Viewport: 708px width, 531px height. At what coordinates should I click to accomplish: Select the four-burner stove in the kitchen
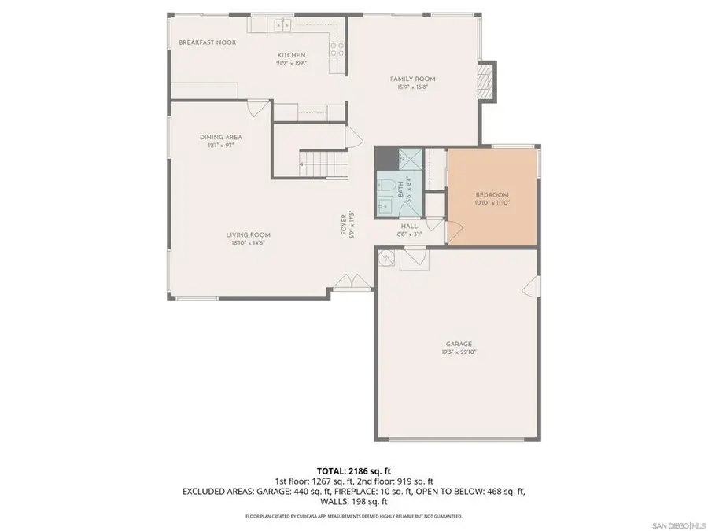pyautogui.click(x=337, y=49)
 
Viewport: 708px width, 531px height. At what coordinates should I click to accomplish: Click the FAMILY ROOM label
pyautogui.click(x=413, y=79)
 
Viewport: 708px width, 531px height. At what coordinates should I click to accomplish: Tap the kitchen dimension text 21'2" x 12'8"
pyautogui.click(x=285, y=64)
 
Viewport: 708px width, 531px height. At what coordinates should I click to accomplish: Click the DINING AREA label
pyautogui.click(x=220, y=137)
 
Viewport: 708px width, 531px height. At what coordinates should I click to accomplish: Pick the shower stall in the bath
pyautogui.click(x=408, y=157)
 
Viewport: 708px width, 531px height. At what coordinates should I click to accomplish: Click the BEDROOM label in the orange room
pyautogui.click(x=492, y=195)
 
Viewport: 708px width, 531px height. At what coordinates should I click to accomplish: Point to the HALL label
pyautogui.click(x=409, y=226)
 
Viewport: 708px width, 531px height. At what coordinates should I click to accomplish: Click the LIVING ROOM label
pyautogui.click(x=249, y=234)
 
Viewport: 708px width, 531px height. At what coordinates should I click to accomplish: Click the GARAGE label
pyautogui.click(x=459, y=344)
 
